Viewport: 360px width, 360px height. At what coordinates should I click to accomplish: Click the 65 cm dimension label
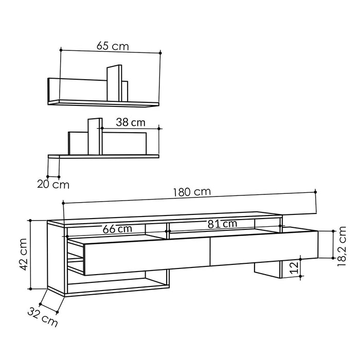click(x=113, y=46)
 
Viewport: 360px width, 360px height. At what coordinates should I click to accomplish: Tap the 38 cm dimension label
click(x=130, y=122)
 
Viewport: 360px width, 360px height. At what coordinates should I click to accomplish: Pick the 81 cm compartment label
click(x=222, y=224)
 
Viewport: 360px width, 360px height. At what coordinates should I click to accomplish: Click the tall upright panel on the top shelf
click(x=114, y=84)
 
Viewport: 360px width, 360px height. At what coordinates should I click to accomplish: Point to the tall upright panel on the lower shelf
click(x=94, y=136)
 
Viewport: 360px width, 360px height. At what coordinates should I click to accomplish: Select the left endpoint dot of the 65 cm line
click(x=61, y=50)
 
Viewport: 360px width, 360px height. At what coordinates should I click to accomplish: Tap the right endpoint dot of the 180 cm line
click(x=315, y=191)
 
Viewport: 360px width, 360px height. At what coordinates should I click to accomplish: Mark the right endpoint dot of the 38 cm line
click(x=159, y=128)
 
